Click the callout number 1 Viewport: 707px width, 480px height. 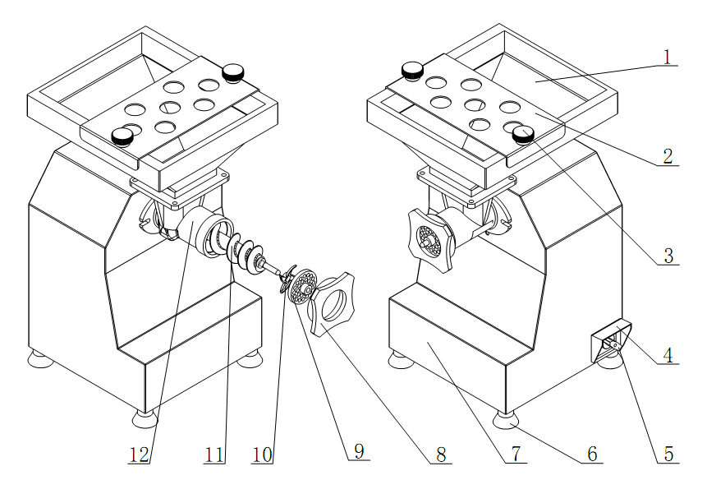coord(668,57)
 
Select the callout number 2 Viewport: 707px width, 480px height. coord(668,156)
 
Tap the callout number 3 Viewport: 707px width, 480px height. coord(668,256)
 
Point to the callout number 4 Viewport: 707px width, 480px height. coord(668,355)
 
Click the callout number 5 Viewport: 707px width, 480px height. coord(668,454)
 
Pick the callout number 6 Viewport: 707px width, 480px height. coord(593,454)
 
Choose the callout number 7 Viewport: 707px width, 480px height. coord(516,454)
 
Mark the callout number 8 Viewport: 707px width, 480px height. coord(440,455)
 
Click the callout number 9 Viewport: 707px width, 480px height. coord(360,450)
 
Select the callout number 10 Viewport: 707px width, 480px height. coord(263,455)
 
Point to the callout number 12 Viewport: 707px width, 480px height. coord(139,455)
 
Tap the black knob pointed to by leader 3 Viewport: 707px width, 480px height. coord(524,134)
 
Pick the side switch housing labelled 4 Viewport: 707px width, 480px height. coord(610,341)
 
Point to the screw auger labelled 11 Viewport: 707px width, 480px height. coord(246,253)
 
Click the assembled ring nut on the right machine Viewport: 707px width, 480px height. coord(429,240)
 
